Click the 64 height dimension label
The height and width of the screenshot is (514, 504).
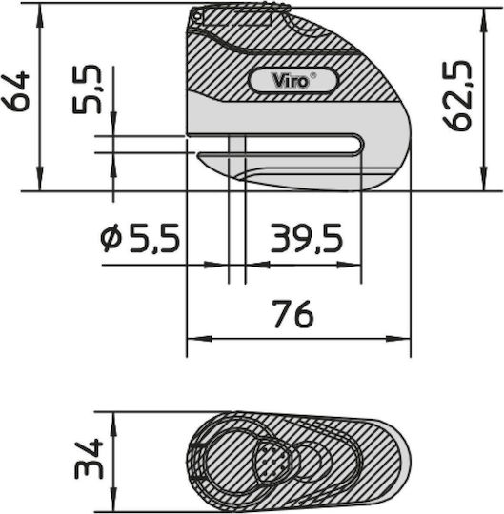[x=15, y=91]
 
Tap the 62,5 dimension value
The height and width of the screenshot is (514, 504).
[x=457, y=96]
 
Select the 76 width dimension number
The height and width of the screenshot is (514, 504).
[x=293, y=314]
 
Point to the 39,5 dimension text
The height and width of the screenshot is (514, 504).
[x=307, y=238]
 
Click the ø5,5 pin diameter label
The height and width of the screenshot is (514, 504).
[x=140, y=238]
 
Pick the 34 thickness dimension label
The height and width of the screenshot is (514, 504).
[x=89, y=459]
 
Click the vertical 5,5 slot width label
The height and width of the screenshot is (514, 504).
[x=87, y=89]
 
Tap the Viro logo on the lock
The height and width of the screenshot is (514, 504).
[x=291, y=81]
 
